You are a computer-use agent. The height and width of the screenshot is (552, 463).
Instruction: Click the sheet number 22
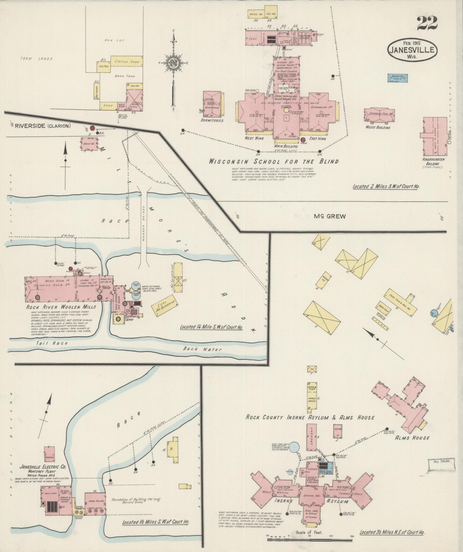pos(427,23)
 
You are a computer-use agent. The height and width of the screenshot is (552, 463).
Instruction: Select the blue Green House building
pos(397,78)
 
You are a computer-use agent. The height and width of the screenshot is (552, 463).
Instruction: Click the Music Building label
pos(378,128)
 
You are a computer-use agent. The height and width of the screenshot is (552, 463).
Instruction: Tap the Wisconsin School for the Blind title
pos(274,162)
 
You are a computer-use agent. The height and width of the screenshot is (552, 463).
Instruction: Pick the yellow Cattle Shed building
pos(126,62)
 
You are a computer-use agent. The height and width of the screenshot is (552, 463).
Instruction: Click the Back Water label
pos(202,349)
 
